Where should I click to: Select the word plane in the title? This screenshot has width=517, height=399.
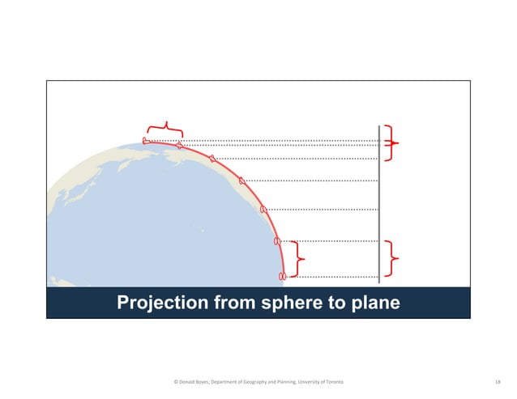pos(374,303)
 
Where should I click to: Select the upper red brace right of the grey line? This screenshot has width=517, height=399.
pos(394,143)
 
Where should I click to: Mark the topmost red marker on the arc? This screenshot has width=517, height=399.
pos(146,141)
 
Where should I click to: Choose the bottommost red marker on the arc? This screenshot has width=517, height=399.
pos(282,277)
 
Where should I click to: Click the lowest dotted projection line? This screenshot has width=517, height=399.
pos(332,277)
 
